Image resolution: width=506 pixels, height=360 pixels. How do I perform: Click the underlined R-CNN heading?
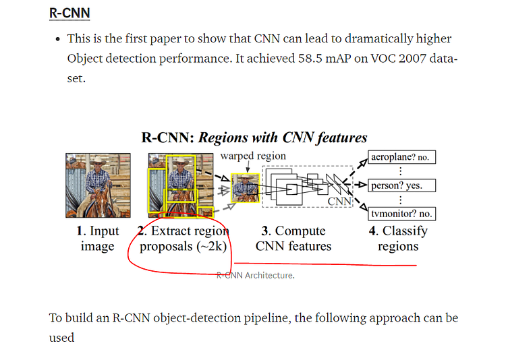coord(69,13)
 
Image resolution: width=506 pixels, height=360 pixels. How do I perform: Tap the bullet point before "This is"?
coord(57,40)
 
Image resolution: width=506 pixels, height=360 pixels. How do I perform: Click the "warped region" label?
coord(253,156)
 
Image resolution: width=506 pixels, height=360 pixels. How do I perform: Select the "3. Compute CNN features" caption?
coord(293,238)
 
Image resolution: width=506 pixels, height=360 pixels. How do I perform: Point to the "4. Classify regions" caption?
coord(398,238)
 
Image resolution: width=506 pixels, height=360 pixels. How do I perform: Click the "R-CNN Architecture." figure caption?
coord(256,275)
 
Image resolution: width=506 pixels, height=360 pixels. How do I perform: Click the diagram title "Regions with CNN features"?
coord(281,138)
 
